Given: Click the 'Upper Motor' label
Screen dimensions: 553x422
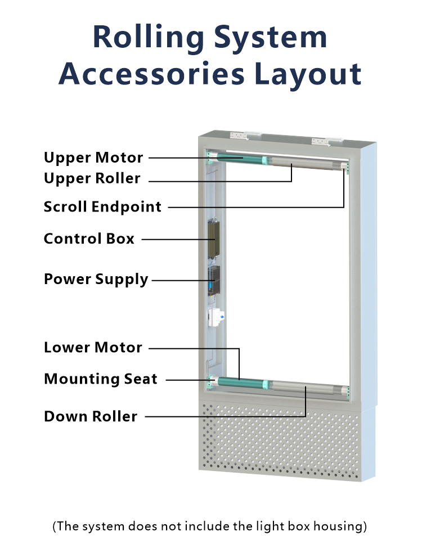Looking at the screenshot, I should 93,158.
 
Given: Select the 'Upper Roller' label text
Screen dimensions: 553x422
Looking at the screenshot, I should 92,179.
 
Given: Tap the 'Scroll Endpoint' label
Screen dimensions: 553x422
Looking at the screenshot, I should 103,207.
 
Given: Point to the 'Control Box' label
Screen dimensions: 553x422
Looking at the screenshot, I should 89,239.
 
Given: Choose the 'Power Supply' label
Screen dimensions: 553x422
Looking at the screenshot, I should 96,280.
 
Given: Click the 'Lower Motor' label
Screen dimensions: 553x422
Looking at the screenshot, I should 93,348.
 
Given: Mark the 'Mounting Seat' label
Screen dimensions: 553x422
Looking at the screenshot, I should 101,379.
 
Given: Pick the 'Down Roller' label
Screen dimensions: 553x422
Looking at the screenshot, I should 91,417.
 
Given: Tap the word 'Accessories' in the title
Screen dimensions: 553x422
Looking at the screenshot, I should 152,74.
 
